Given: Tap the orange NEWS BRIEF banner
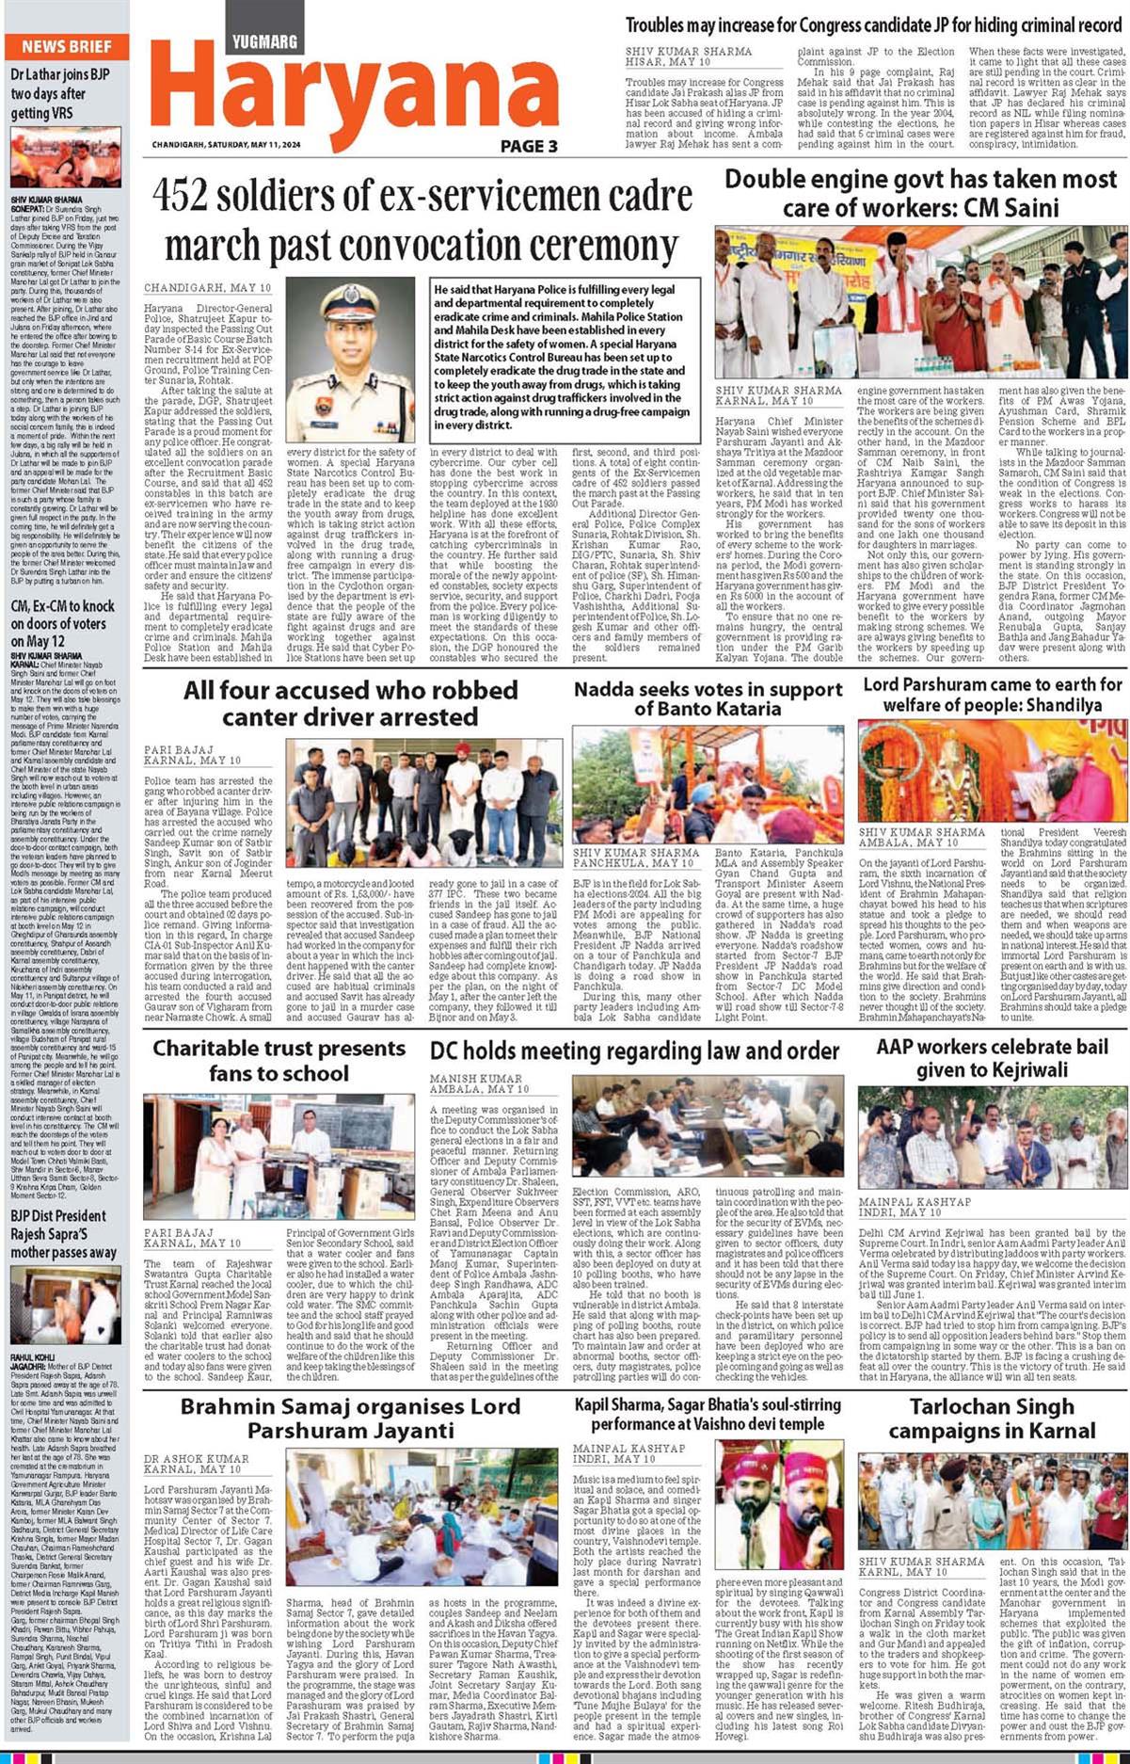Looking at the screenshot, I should point(66,46).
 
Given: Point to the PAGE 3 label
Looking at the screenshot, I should point(529,146).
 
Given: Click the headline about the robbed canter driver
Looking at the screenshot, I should point(350,703).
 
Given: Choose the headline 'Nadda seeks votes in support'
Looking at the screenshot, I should point(708,698).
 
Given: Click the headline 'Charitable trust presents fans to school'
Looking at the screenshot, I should point(279,1060).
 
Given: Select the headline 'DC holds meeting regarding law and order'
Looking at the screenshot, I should point(634,1050).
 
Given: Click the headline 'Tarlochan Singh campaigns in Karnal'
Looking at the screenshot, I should point(992,1419).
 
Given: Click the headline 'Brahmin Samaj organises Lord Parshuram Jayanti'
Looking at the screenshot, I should point(350,1419).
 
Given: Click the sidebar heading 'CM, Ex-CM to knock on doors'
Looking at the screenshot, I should point(62,624).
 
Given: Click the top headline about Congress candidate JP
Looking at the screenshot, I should point(873,26).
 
